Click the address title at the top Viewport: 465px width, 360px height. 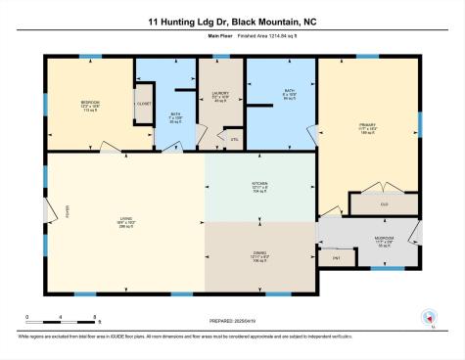coord(232,20)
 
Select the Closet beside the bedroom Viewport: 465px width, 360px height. coord(143,103)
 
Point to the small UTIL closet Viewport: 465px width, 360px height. coord(234,139)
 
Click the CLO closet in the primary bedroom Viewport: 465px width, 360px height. coord(384,205)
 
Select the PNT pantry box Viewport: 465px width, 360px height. coord(334,256)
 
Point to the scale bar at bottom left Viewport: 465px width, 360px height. coord(61,317)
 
